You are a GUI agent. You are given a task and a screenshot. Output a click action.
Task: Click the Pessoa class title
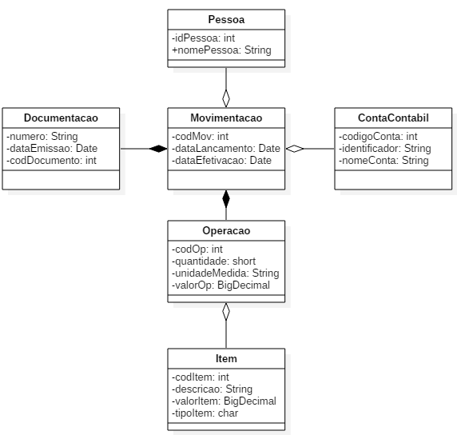pyautogui.click(x=226, y=19)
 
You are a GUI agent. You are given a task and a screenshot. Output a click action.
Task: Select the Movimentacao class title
pyautogui.click(x=226, y=118)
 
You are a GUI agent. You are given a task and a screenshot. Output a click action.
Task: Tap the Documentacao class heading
pyautogui.click(x=61, y=118)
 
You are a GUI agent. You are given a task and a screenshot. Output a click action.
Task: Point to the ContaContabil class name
pyautogui.click(x=393, y=118)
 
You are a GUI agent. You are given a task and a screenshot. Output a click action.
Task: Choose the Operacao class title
pyautogui.click(x=226, y=231)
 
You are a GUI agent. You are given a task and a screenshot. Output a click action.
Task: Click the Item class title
pyautogui.click(x=226, y=358)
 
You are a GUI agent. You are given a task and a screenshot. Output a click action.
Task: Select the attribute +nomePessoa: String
pyautogui.click(x=221, y=50)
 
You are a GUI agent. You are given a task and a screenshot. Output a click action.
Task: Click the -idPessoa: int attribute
pyautogui.click(x=203, y=38)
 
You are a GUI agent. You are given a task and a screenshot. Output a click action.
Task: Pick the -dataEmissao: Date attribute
pyautogui.click(x=52, y=148)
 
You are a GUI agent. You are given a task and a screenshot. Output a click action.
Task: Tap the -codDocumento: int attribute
pyautogui.click(x=51, y=160)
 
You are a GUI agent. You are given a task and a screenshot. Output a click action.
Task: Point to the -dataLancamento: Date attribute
pyautogui.click(x=226, y=148)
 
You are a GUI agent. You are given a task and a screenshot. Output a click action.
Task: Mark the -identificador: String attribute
pyautogui.click(x=385, y=148)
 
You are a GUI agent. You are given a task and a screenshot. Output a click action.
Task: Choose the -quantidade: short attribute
pyautogui.click(x=213, y=261)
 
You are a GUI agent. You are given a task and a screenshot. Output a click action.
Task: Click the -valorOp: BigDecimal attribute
pyautogui.click(x=221, y=285)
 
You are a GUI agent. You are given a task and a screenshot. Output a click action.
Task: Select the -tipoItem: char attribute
pyautogui.click(x=205, y=413)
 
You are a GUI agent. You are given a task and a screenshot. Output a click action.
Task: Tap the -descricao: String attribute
pyautogui.click(x=212, y=389)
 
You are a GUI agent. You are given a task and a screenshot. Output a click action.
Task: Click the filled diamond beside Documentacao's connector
pyautogui.click(x=158, y=149)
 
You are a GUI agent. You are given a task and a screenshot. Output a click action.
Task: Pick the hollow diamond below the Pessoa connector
pyautogui.click(x=226, y=98)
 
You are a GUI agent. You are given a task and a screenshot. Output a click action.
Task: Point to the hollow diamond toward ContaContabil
pyautogui.click(x=295, y=149)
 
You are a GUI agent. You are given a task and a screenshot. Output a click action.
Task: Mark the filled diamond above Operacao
pyautogui.click(x=226, y=199)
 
